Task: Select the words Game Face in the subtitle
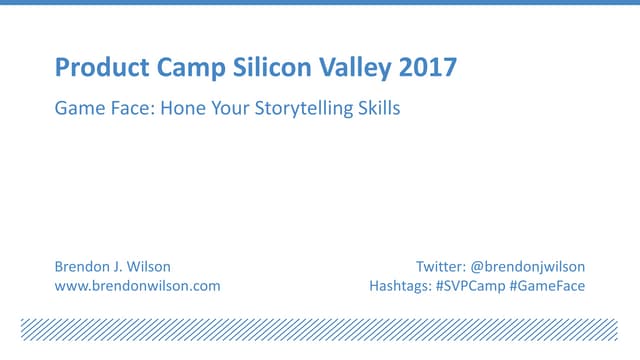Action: (x=98, y=109)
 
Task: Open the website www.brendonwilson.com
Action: (x=137, y=286)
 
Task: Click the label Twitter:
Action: (x=440, y=267)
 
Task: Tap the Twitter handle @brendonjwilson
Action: (x=527, y=267)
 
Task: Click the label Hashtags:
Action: (x=400, y=286)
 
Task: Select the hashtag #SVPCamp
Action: (x=470, y=286)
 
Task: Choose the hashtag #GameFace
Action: (x=548, y=286)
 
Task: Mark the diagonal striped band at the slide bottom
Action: (x=319, y=330)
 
